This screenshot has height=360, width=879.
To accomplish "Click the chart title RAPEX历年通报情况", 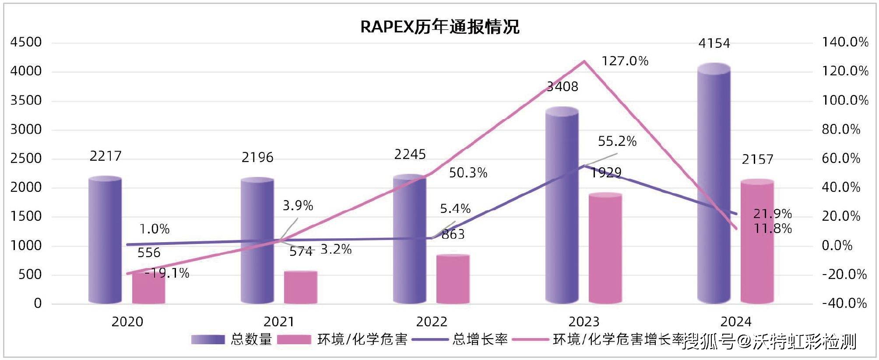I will tap(439, 27).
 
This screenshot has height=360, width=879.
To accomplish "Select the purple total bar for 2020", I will tap(105, 241).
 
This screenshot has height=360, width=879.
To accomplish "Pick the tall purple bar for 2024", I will tap(714, 184).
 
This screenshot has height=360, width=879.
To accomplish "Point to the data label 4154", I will tap(714, 43).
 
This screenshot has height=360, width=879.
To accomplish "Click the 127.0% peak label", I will tap(625, 61).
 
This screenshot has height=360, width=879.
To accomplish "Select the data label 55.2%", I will tap(617, 141).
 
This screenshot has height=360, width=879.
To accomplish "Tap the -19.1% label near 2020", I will tap(167, 273).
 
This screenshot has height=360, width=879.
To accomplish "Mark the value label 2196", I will tap(257, 157).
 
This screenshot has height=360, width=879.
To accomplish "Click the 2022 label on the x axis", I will tap(432, 322).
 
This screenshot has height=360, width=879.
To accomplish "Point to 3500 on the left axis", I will tap(26, 100).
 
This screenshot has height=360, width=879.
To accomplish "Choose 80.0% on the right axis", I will tap(841, 129).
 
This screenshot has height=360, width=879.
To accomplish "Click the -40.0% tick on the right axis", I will tap(844, 303).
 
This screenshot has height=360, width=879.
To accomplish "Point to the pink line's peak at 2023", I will tap(584, 61).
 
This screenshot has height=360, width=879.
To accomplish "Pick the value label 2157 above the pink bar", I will tap(757, 159).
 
